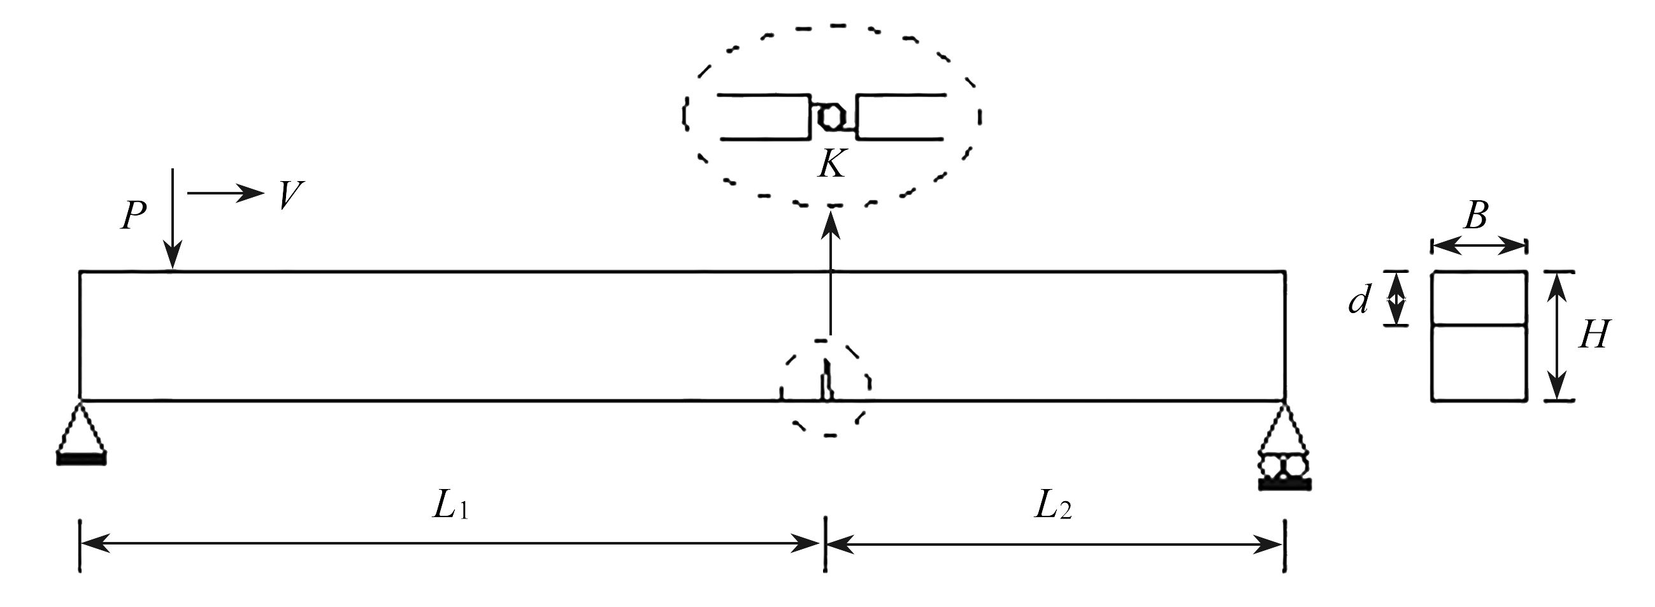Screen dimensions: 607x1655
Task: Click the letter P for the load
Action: point(134,216)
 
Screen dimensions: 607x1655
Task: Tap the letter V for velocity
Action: point(289,195)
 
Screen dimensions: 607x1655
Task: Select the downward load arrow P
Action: point(172,219)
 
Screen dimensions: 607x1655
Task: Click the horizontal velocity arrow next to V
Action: point(225,193)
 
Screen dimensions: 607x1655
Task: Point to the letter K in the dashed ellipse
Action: point(831,164)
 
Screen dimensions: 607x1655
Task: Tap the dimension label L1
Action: point(450,506)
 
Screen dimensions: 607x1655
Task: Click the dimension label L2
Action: point(1052,506)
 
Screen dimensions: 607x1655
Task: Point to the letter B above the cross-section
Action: point(1476,217)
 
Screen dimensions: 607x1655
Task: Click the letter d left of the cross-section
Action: point(1358,301)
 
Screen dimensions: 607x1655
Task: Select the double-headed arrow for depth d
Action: point(1396,299)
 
